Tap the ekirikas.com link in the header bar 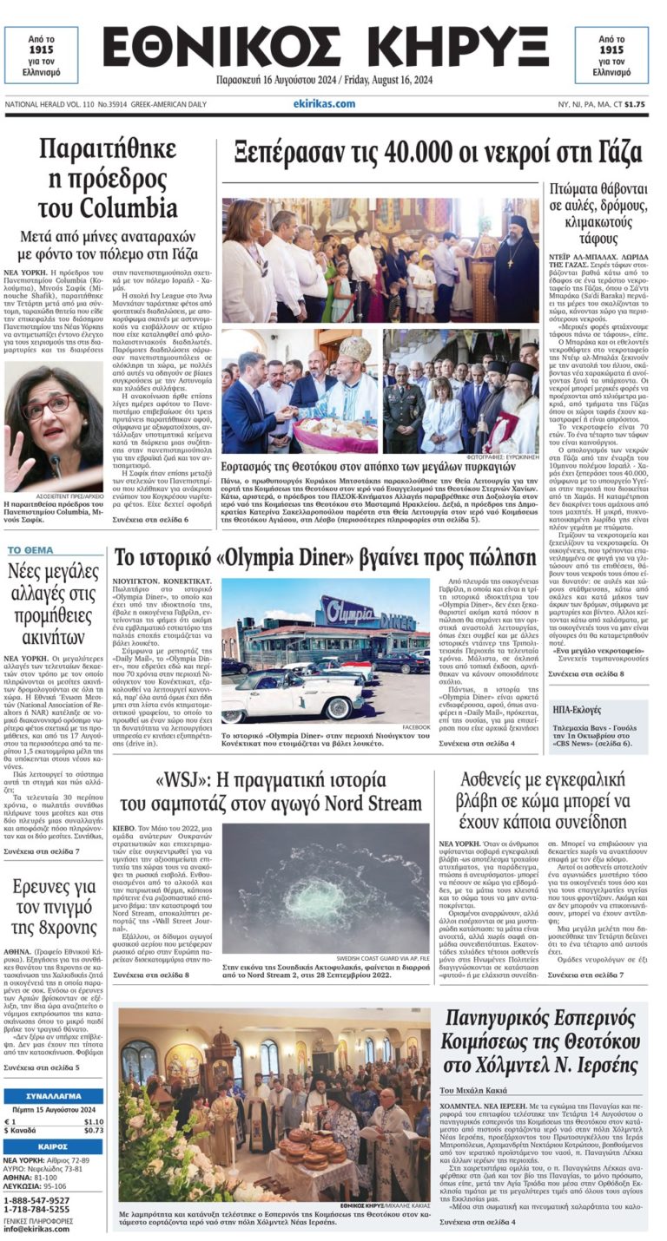[x=324, y=104]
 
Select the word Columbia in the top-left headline [x=108, y=208]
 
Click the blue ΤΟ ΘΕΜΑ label [x=30, y=550]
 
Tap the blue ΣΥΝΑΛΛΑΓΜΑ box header [x=53, y=1096]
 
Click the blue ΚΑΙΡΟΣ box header [x=53, y=1146]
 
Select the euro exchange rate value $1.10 [x=94, y=1121]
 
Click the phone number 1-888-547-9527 [x=36, y=1200]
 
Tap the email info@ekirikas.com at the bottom [x=36, y=1228]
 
